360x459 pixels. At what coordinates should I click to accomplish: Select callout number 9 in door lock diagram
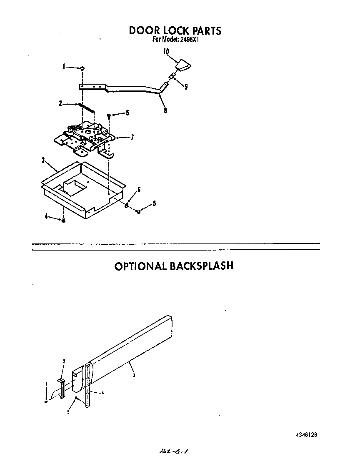pyautogui.click(x=186, y=87)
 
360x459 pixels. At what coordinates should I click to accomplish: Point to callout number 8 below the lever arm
pyautogui.click(x=165, y=111)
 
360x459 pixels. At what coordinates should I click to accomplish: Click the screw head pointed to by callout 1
pyautogui.click(x=82, y=68)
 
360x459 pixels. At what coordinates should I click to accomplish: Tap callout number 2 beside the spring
pyautogui.click(x=60, y=103)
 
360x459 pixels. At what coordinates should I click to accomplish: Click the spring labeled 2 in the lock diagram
pyautogui.click(x=86, y=108)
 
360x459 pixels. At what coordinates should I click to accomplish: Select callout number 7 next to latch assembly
pyautogui.click(x=132, y=137)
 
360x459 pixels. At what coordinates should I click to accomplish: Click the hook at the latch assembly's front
pyautogui.click(x=108, y=155)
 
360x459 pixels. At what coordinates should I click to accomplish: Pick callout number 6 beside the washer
pyautogui.click(x=139, y=190)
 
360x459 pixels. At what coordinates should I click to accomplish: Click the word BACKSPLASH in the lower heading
pyautogui.click(x=201, y=266)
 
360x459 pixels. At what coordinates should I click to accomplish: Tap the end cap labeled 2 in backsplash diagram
pyautogui.click(x=61, y=389)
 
